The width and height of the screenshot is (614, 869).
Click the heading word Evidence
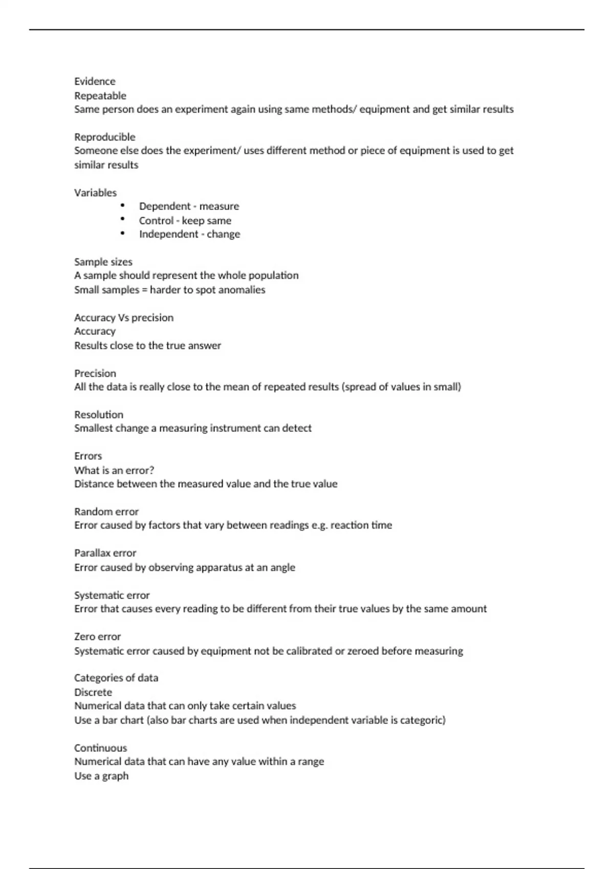click(x=95, y=81)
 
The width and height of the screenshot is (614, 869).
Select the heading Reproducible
click(x=105, y=137)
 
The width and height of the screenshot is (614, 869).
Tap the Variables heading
click(x=95, y=193)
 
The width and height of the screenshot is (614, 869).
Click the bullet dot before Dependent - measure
click(x=123, y=205)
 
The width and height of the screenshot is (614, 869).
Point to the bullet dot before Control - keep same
click(x=123, y=219)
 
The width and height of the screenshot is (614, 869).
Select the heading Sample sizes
click(x=103, y=262)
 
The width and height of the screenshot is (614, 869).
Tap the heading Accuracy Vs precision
click(x=124, y=317)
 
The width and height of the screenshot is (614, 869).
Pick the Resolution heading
click(x=99, y=415)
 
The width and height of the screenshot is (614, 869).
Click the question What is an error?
click(x=114, y=470)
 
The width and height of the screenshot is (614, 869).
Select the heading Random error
click(x=106, y=512)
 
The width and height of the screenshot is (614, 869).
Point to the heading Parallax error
click(x=105, y=553)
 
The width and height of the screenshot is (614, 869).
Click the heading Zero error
click(x=98, y=636)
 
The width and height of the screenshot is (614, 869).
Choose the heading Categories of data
click(x=116, y=678)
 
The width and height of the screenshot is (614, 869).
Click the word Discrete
click(x=93, y=692)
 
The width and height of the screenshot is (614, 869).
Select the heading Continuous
click(x=101, y=748)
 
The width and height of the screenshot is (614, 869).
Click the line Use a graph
click(x=101, y=776)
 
